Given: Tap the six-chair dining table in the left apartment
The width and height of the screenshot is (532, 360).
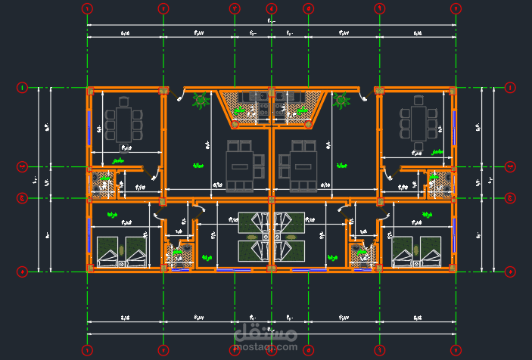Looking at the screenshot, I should [x=124, y=121].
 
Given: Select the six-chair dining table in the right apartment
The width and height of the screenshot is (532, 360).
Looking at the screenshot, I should [x=418, y=121].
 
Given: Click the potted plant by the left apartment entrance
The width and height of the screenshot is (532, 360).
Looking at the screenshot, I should [x=201, y=101].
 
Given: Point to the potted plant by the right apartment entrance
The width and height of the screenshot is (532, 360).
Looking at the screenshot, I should [x=342, y=101].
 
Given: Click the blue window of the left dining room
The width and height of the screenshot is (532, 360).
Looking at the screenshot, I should [x=90, y=126].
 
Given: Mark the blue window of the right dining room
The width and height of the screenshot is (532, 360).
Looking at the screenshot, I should [x=453, y=126].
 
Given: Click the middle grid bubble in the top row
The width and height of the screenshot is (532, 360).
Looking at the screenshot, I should [x=271, y=8].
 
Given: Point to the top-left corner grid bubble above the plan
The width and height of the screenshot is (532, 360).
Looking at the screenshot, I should [x=86, y=8].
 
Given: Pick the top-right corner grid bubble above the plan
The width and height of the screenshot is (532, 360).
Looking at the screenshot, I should [x=456, y=8].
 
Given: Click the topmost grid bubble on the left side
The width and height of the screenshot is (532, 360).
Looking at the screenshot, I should [x=22, y=88].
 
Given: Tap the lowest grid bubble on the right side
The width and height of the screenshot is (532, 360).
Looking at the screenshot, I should [x=510, y=271].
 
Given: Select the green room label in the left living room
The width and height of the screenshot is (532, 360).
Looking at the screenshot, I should [x=199, y=166].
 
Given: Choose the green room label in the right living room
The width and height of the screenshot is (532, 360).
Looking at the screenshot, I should [x=341, y=166].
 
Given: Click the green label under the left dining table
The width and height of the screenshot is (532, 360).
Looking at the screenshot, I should [x=118, y=161].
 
